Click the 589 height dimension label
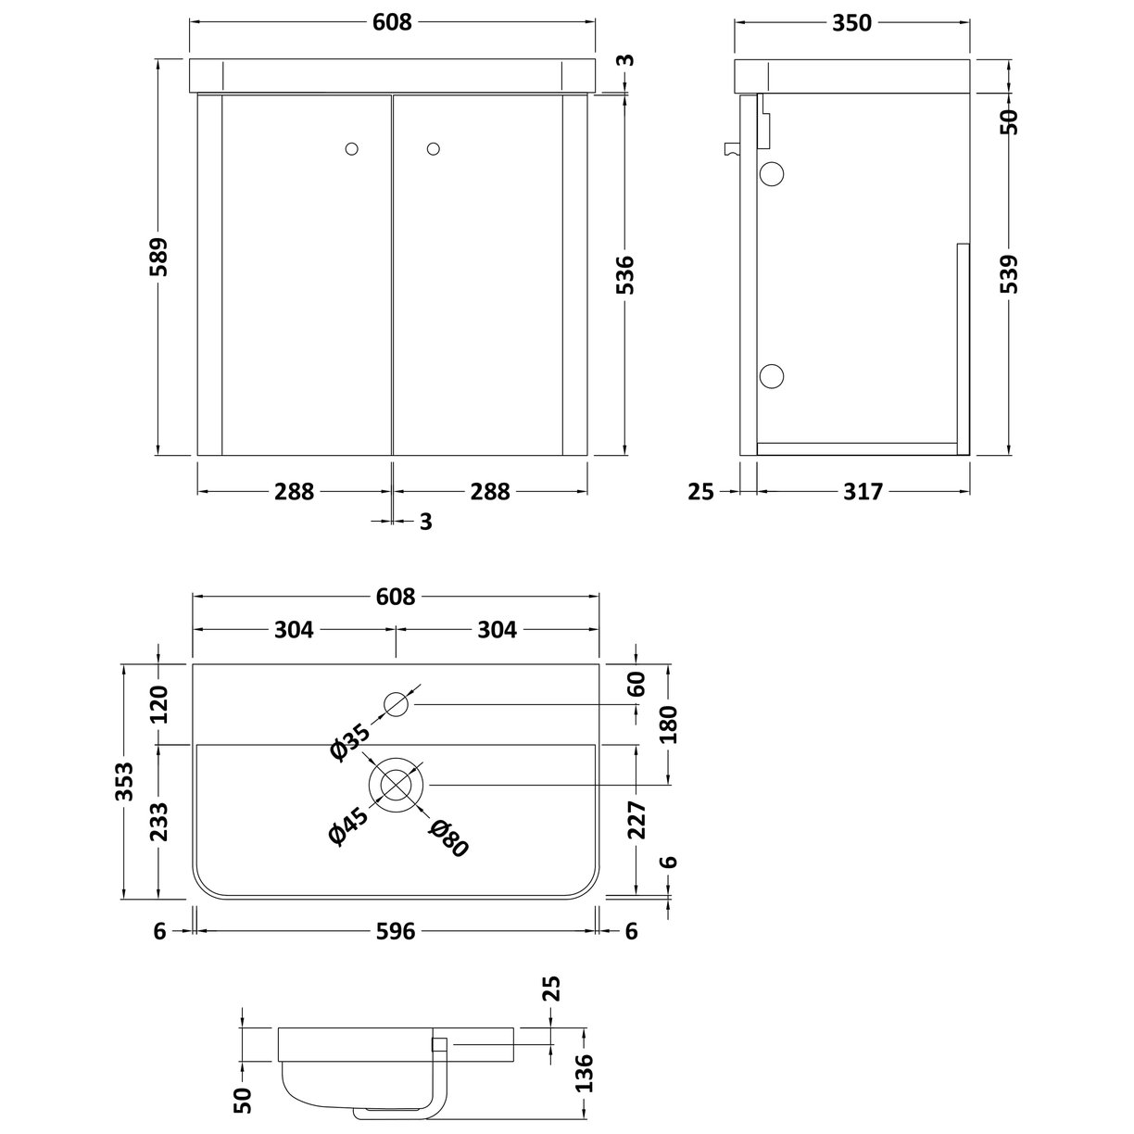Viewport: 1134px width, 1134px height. click(x=159, y=258)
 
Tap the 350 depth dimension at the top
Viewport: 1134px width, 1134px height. click(x=851, y=22)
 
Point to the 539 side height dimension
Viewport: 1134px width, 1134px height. click(x=1010, y=275)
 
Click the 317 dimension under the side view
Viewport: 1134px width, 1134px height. click(x=863, y=492)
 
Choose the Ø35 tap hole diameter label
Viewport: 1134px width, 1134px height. click(x=349, y=740)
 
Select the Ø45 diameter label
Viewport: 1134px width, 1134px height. click(x=349, y=823)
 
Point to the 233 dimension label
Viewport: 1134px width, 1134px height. click(x=158, y=821)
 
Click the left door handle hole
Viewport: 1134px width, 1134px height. click(x=351, y=147)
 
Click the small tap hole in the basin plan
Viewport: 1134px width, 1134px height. click(x=397, y=705)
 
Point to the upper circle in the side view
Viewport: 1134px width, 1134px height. click(x=772, y=173)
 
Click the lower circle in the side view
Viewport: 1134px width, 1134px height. click(x=772, y=375)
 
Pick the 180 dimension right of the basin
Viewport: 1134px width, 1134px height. click(x=670, y=725)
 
